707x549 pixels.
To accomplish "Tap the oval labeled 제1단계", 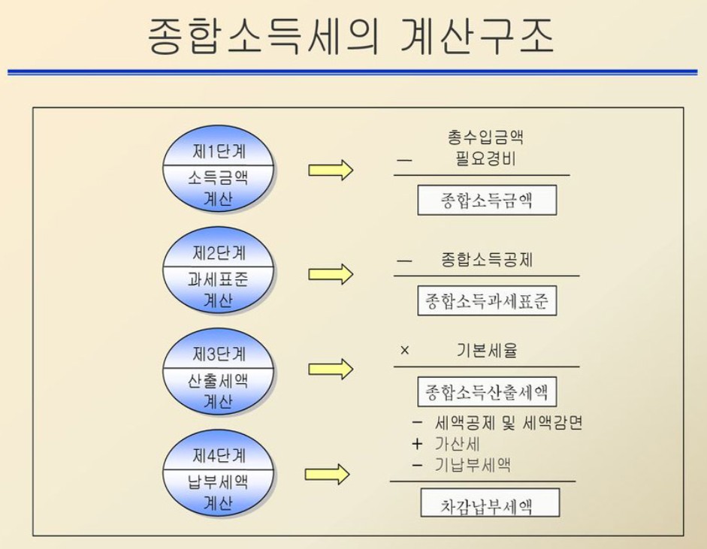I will click(x=219, y=170).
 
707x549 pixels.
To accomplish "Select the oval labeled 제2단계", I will click(x=219, y=273).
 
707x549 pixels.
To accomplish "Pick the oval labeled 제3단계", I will click(x=219, y=374).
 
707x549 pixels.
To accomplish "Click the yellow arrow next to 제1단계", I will click(x=331, y=170).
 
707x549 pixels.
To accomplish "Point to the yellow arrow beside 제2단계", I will click(x=331, y=274).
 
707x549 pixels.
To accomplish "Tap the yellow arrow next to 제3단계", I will click(x=331, y=369).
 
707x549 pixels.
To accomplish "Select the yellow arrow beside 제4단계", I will click(x=328, y=474).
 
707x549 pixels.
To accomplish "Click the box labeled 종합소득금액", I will click(x=487, y=201).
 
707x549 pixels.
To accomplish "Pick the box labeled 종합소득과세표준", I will click(x=487, y=301).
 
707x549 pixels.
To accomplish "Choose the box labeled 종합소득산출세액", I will click(x=487, y=391).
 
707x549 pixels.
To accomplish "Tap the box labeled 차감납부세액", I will click(x=490, y=503).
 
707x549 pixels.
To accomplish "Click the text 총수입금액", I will click(x=485, y=137).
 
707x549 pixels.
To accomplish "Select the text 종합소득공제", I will click(x=488, y=260).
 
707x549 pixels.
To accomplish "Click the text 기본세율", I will click(x=487, y=351).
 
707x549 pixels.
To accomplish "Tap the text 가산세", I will click(x=458, y=444).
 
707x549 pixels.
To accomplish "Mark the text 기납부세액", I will click(x=473, y=465).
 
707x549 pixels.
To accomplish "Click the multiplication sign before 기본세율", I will click(x=405, y=351).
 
